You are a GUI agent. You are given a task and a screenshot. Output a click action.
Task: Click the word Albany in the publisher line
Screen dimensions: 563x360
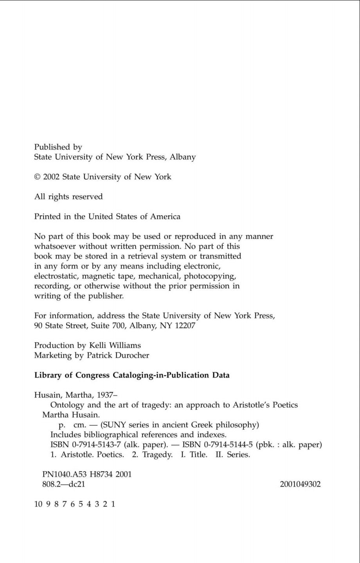tap(182, 157)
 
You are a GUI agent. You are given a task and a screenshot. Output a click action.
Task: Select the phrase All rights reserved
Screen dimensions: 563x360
tap(68, 197)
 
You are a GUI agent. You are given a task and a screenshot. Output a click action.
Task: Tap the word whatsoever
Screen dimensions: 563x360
tap(55, 246)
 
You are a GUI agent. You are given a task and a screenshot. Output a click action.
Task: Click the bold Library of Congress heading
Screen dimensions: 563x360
tap(132, 375)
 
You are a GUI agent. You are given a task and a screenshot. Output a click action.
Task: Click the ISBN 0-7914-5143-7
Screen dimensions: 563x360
tap(86, 445)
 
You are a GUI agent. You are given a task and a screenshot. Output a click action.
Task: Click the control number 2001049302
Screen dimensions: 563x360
tap(300, 484)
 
